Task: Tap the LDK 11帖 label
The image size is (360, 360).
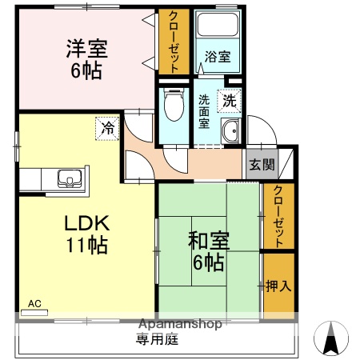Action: pos(86,233)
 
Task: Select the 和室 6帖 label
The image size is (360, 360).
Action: pos(207,250)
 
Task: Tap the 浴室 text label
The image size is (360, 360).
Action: pos(217,58)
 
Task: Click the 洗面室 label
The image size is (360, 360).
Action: pos(205,113)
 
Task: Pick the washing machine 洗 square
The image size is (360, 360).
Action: pos(229,101)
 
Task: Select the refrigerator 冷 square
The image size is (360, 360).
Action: pos(106,126)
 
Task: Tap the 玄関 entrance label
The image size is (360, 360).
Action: pos(261,165)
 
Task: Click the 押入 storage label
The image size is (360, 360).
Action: pos(278,286)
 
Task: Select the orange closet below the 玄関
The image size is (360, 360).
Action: pos(278,215)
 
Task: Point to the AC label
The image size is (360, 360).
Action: pos(34,303)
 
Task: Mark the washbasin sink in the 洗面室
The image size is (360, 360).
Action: pos(230,133)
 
